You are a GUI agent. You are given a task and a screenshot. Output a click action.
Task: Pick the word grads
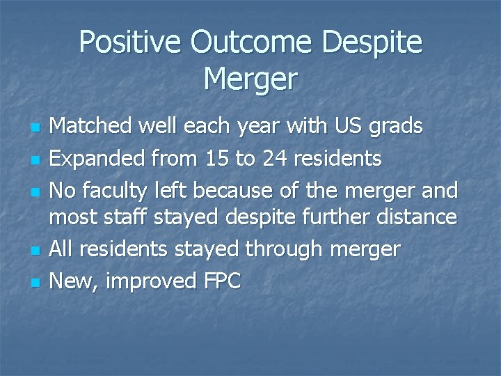coord(397,127)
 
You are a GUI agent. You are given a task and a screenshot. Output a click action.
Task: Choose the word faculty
coord(122,190)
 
